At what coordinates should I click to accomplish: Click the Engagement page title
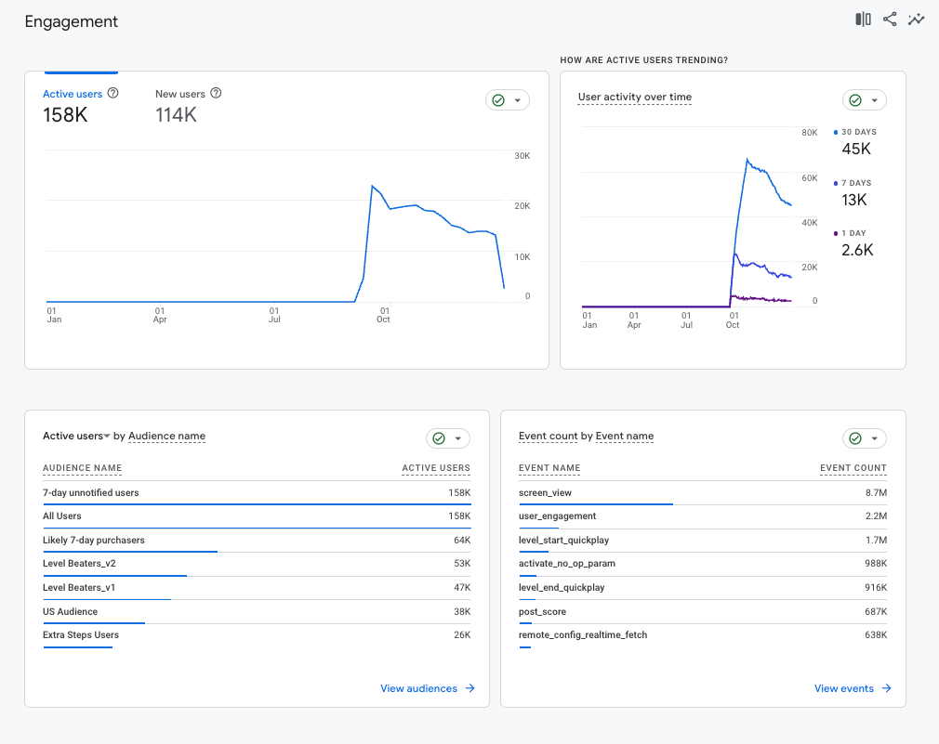pos(72,21)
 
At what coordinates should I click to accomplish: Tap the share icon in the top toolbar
pos(890,20)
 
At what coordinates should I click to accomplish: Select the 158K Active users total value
pos(65,115)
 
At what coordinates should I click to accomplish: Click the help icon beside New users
pos(216,94)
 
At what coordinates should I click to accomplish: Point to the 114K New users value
pos(176,115)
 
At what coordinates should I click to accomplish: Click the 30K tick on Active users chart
pos(522,155)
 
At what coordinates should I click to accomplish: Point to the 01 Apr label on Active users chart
pos(160,315)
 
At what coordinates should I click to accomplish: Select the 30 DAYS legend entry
pos(858,132)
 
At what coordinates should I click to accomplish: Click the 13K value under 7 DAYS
pos(854,200)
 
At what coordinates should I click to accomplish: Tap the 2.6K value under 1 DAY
pos(857,250)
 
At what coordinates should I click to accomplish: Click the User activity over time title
pos(634,98)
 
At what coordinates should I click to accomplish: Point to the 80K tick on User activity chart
pos(808,133)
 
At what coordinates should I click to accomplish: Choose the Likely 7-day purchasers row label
pos(94,540)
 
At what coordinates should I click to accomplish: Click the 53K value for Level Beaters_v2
pos(461,564)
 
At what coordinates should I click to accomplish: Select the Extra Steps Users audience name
pos(81,635)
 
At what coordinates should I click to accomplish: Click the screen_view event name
pos(546,492)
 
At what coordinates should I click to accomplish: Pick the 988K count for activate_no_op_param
pos(875,564)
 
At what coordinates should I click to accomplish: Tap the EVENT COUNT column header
pos(853,468)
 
